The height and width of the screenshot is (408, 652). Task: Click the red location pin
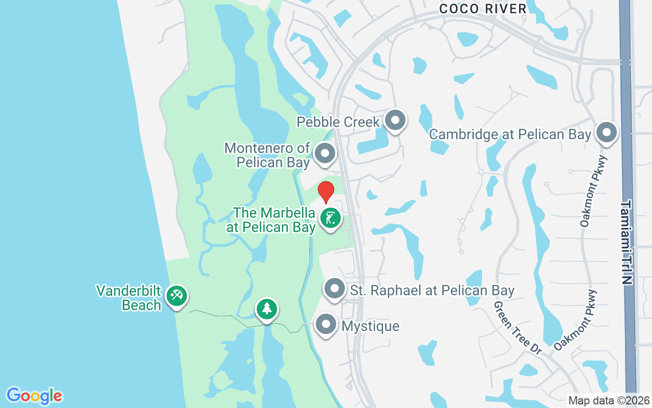click(x=326, y=192)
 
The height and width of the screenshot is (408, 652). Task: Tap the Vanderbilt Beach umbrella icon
click(x=177, y=296)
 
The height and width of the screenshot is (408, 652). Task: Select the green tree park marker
click(x=266, y=309)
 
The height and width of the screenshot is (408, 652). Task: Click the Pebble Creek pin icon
click(x=395, y=121)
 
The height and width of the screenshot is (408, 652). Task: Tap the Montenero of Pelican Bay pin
click(x=324, y=154)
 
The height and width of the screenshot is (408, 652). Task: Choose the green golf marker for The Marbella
click(x=331, y=219)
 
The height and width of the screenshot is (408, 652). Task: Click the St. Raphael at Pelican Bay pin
click(x=335, y=289)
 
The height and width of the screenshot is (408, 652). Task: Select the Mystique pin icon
click(x=326, y=324)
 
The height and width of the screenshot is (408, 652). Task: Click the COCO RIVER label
click(x=482, y=9)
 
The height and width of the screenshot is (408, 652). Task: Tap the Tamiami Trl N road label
click(x=626, y=242)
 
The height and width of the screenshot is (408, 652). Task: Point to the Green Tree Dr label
click(x=518, y=327)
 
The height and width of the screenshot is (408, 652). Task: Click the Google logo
click(x=35, y=396)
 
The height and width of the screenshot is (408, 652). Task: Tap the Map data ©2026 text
click(x=608, y=400)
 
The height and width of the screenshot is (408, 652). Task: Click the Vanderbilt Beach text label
click(x=129, y=298)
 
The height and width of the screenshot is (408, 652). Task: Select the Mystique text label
click(x=370, y=326)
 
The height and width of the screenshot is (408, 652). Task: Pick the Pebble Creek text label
click(x=338, y=122)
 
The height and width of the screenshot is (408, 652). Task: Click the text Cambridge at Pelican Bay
click(x=510, y=135)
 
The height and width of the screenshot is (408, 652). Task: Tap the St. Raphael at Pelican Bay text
click(x=432, y=291)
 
